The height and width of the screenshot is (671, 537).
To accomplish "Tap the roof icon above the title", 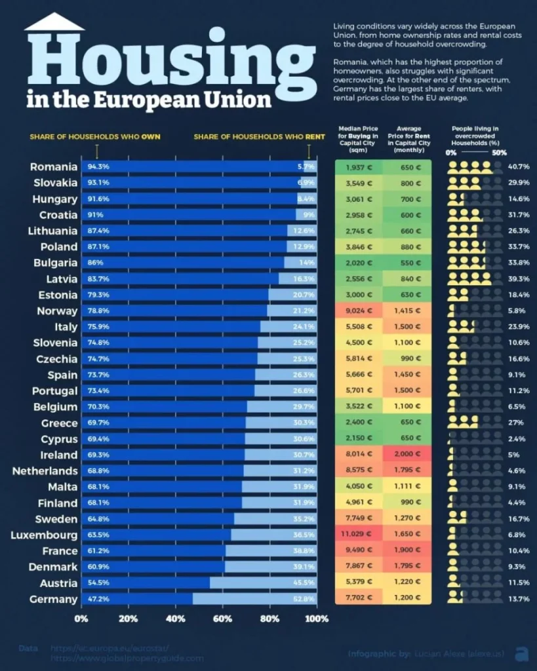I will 54,22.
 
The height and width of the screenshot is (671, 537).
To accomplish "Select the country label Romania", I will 54,167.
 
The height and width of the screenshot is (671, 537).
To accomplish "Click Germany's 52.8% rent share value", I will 305,599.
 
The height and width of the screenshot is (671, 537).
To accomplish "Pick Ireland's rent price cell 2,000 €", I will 408,455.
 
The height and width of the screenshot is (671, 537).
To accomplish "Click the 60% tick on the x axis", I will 223,619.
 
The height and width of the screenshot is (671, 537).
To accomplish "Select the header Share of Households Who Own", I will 94,137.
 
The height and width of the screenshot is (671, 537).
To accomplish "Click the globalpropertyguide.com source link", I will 127,658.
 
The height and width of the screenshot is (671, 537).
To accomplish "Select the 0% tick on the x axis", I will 81,619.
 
